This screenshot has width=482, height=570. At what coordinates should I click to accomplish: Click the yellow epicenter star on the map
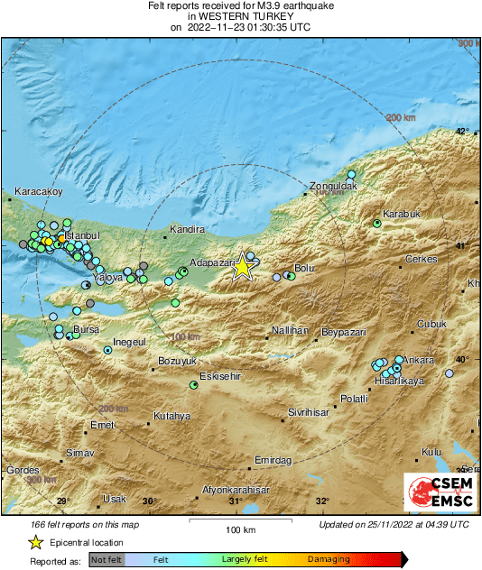pos(242,267)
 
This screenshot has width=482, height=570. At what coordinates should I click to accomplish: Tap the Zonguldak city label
pos(334,187)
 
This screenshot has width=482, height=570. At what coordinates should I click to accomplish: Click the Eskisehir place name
pos(221,375)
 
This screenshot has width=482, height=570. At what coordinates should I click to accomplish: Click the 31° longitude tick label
pos(236,501)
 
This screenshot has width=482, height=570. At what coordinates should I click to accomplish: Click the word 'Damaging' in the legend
pos(329,559)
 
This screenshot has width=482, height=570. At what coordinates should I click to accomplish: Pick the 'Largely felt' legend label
pos(242,559)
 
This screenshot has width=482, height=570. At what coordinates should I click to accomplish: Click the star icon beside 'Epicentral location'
pos(35,542)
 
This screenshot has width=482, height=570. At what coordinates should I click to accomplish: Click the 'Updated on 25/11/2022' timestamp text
pos(394,524)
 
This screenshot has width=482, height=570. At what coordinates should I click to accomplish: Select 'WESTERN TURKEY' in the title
pos(240,16)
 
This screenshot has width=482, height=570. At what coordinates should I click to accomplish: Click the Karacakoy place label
pos(38,192)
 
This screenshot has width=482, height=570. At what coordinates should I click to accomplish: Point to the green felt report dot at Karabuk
pos(377,223)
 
